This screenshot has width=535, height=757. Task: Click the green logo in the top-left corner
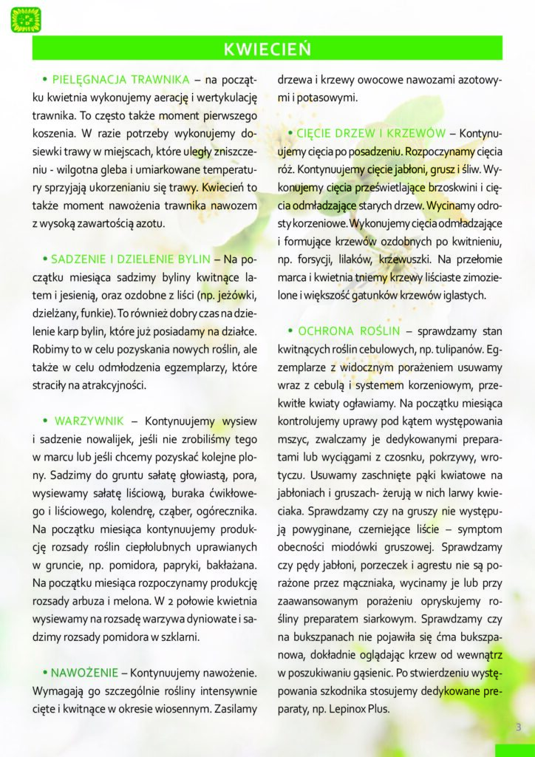coord(26,18)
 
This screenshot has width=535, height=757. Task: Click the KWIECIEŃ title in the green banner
coord(267,49)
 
